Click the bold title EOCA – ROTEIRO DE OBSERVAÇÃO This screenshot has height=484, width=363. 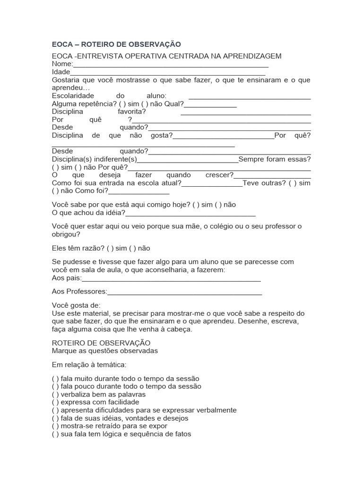116,44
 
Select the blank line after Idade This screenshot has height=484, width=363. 167,74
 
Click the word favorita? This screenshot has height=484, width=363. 132,112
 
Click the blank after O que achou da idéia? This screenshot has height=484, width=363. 190,214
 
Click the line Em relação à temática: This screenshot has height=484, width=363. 89,365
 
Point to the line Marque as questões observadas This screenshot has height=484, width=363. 105,351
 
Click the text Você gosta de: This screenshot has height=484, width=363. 76,305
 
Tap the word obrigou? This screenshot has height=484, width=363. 66,234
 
